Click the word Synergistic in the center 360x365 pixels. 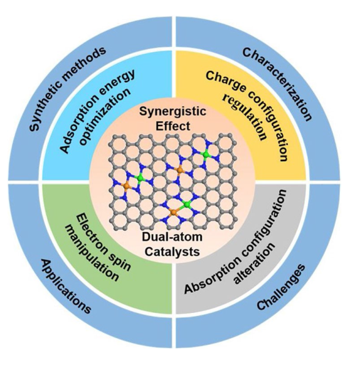click(x=173, y=111)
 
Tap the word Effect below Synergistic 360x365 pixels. click(x=173, y=126)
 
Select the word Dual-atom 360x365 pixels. click(x=172, y=237)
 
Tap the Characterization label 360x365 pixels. click(x=277, y=83)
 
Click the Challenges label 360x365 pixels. click(x=281, y=287)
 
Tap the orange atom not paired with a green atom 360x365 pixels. click(x=179, y=170)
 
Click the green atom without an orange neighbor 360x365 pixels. click(x=206, y=154)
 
